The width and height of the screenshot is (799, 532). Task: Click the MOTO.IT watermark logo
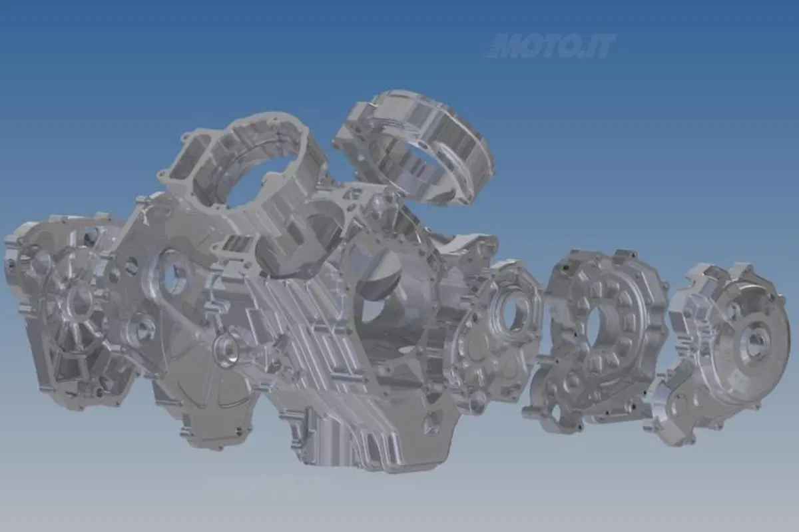551,46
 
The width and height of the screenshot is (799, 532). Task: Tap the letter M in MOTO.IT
515,46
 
